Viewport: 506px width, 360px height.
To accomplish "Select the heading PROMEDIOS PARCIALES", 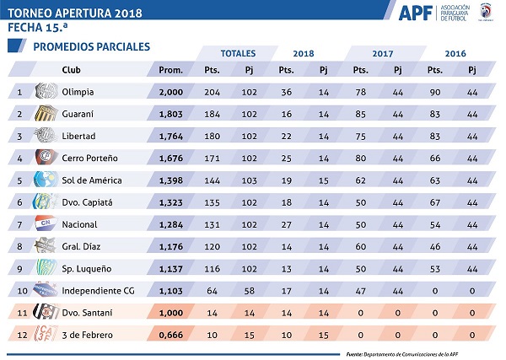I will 91,46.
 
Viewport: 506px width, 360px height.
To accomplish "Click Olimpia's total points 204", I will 213,91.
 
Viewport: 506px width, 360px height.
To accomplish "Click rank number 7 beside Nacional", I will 19,224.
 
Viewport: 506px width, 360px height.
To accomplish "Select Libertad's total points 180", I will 213,136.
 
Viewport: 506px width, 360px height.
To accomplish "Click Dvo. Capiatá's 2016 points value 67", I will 436,201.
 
